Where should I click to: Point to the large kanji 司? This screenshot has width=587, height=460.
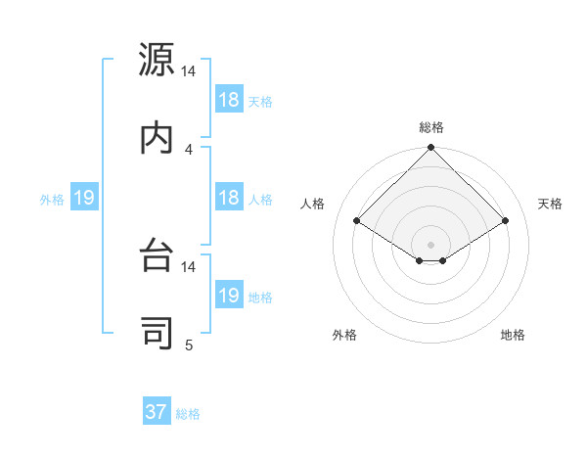[158, 330]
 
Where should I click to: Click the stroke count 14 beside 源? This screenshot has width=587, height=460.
[189, 71]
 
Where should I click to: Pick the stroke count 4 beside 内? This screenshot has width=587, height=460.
[189, 149]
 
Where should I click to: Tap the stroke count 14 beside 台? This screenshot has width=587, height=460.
[189, 266]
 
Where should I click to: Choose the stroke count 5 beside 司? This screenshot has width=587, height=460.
[189, 344]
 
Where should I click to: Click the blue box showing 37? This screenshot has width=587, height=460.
[157, 412]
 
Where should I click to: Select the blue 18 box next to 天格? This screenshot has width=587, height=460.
[229, 99]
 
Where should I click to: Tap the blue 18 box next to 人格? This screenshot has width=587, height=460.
[229, 198]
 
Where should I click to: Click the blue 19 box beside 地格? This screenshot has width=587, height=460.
[229, 296]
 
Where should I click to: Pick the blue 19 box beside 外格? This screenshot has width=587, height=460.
[84, 198]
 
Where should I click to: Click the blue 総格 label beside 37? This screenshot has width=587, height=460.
[188, 413]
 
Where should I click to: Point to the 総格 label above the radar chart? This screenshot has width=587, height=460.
[431, 127]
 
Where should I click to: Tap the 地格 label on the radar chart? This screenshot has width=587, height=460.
[513, 335]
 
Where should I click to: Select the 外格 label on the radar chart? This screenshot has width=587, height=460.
[344, 335]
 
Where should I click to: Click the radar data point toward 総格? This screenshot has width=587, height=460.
[430, 149]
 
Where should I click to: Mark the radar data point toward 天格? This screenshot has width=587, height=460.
[506, 221]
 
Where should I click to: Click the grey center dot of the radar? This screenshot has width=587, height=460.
[430, 244]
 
